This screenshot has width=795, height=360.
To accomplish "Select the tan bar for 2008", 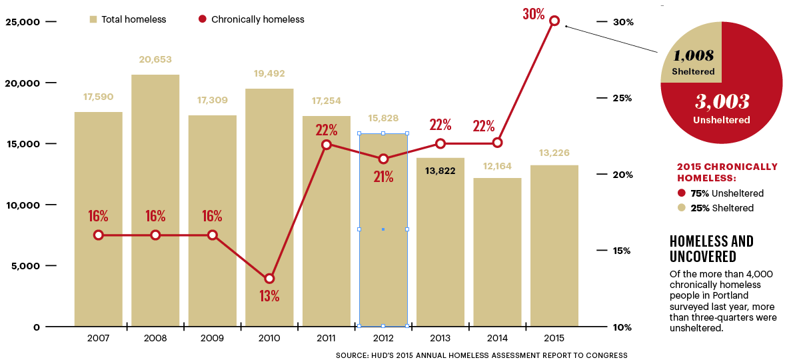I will point(155,200).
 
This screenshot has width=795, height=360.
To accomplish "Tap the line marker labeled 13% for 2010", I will point(269,279).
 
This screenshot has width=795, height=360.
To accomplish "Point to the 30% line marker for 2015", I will point(554,21).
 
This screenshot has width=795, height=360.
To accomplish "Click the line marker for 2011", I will point(327,144).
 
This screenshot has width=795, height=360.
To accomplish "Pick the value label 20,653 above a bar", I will point(155,59).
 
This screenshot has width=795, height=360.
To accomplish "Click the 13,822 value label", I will point(440,171).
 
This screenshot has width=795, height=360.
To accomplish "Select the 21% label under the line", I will point(383,177).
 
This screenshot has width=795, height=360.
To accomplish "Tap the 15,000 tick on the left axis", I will point(23,144).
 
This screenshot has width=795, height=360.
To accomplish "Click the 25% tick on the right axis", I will point(622,98).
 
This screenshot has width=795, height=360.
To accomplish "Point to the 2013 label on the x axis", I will point(440,338).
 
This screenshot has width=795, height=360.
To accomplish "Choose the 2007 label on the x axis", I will point(98,338).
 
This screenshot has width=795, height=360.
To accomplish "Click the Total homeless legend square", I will point(93,19).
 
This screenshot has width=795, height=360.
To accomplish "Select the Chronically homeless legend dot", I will point(203,19).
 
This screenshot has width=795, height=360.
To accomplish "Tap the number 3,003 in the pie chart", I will point(722,101).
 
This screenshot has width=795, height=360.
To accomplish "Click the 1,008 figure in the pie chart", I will point(693,56).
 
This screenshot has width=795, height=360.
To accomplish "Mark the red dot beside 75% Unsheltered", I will point(681,193).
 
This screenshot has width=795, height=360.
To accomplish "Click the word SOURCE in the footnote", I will point(352,355).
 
